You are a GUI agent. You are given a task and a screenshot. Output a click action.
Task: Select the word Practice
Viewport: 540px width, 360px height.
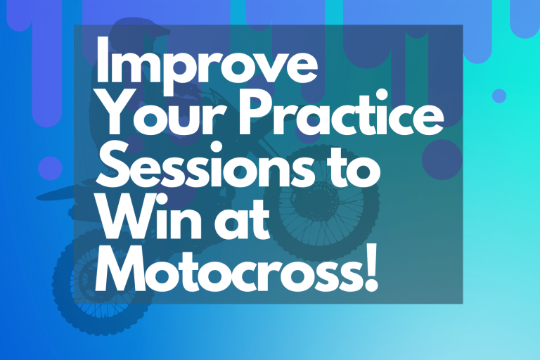click(x=338, y=123)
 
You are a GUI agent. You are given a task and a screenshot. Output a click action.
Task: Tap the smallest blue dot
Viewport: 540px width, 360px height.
click(x=499, y=96)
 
